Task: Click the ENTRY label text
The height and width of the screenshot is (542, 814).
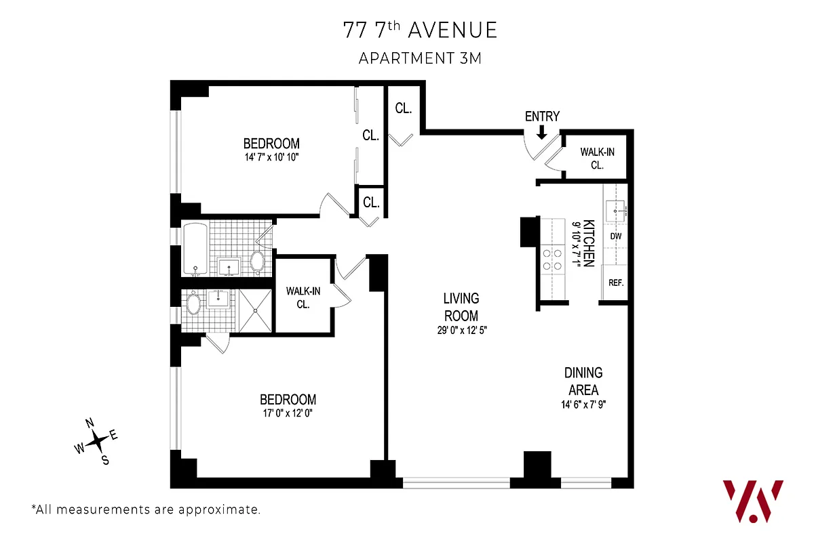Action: pyautogui.click(x=542, y=117)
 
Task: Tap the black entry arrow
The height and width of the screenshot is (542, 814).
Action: pyautogui.click(x=541, y=133)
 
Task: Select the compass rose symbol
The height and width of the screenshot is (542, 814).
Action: pyautogui.click(x=98, y=441)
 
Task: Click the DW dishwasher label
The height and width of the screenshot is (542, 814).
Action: pyautogui.click(x=616, y=236)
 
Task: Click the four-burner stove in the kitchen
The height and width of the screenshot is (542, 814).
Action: pyautogui.click(x=552, y=259)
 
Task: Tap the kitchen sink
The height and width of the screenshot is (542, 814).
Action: pyautogui.click(x=617, y=211)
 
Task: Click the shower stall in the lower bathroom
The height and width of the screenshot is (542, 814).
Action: pyautogui.click(x=254, y=310)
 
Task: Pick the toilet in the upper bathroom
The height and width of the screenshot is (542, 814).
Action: pyautogui.click(x=258, y=261)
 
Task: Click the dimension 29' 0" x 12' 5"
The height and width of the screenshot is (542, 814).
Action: pyautogui.click(x=461, y=330)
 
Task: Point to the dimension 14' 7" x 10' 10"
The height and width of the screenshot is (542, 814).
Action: pyautogui.click(x=271, y=157)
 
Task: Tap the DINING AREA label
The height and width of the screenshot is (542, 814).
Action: pyautogui.click(x=583, y=381)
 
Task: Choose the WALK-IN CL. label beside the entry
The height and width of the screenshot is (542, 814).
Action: pyautogui.click(x=597, y=159)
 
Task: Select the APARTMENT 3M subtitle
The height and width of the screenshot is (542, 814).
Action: pyautogui.click(x=420, y=58)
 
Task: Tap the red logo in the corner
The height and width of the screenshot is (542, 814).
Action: pyautogui.click(x=753, y=500)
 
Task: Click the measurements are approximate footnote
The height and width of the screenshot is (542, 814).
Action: pyautogui.click(x=146, y=509)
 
